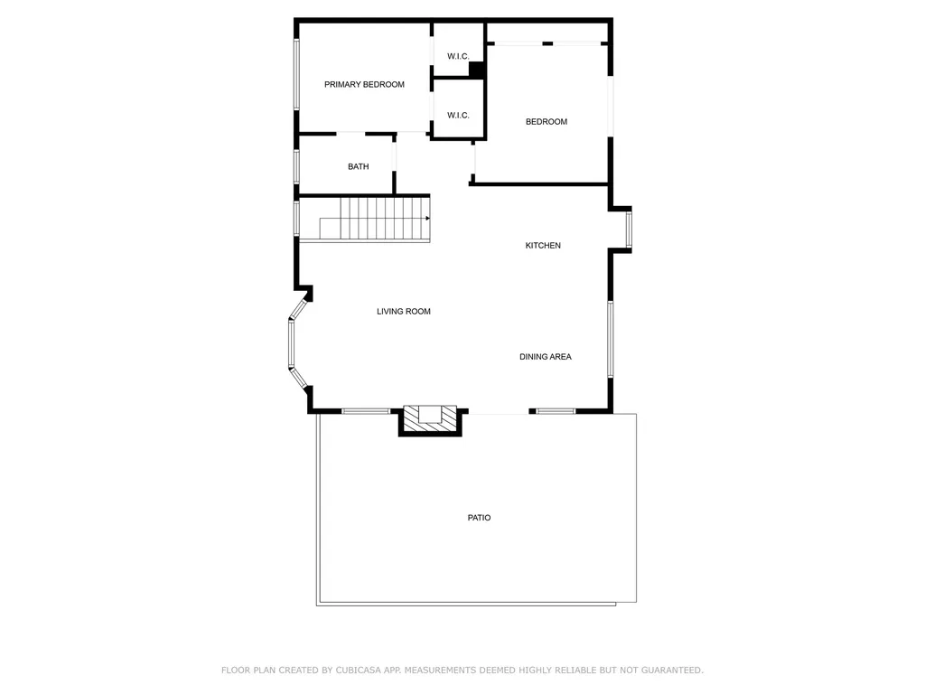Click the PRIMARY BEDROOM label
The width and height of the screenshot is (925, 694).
pos(364,84)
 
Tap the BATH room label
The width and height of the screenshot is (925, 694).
pos(359,166)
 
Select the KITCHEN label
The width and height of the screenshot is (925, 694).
pos(543,245)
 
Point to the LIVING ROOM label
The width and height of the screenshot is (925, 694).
pos(404,311)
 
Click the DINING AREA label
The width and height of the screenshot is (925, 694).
pos(545,356)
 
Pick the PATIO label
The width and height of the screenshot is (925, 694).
pos(479,518)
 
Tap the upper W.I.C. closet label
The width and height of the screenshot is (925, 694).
pos(458,56)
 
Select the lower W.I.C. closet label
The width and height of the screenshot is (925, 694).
pos(458,115)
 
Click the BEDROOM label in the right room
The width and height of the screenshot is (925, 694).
pos(547,121)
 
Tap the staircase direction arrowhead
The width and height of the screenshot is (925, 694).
pos(426,218)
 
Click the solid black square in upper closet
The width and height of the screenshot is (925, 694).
pos(477,69)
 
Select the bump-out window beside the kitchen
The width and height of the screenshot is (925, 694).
pos(629,230)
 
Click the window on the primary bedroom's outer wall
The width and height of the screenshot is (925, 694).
pos(296,75)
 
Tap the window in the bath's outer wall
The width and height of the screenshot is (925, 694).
pos(296,166)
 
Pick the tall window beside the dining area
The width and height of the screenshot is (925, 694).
pos(611,339)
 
